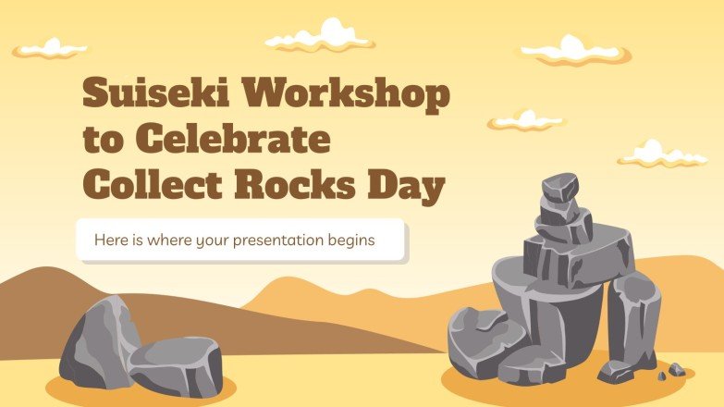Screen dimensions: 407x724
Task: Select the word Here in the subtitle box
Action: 111,240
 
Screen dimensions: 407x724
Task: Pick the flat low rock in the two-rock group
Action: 176,364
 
